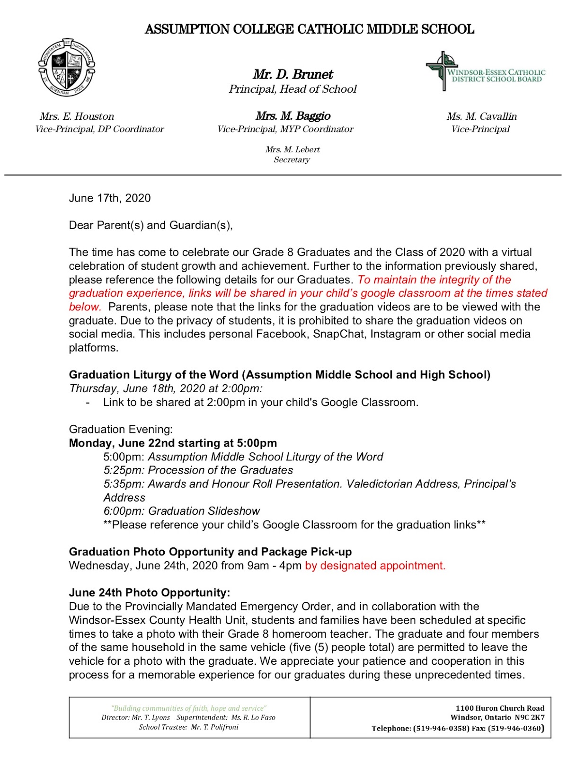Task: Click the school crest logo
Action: [67, 67]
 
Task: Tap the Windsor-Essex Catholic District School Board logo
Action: [485, 71]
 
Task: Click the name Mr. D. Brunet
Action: [292, 74]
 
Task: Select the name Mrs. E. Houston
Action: [77, 116]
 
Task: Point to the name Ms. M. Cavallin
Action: [481, 116]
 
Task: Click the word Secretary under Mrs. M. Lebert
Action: [292, 160]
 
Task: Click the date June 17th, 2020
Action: [110, 198]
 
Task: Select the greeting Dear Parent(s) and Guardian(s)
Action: [151, 225]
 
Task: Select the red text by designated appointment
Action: [375, 566]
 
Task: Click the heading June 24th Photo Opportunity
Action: [150, 593]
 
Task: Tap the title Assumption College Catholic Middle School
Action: [309, 29]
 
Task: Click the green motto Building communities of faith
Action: [189, 708]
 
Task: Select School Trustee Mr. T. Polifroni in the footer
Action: [188, 727]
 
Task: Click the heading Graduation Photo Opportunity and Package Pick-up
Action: [210, 552]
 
